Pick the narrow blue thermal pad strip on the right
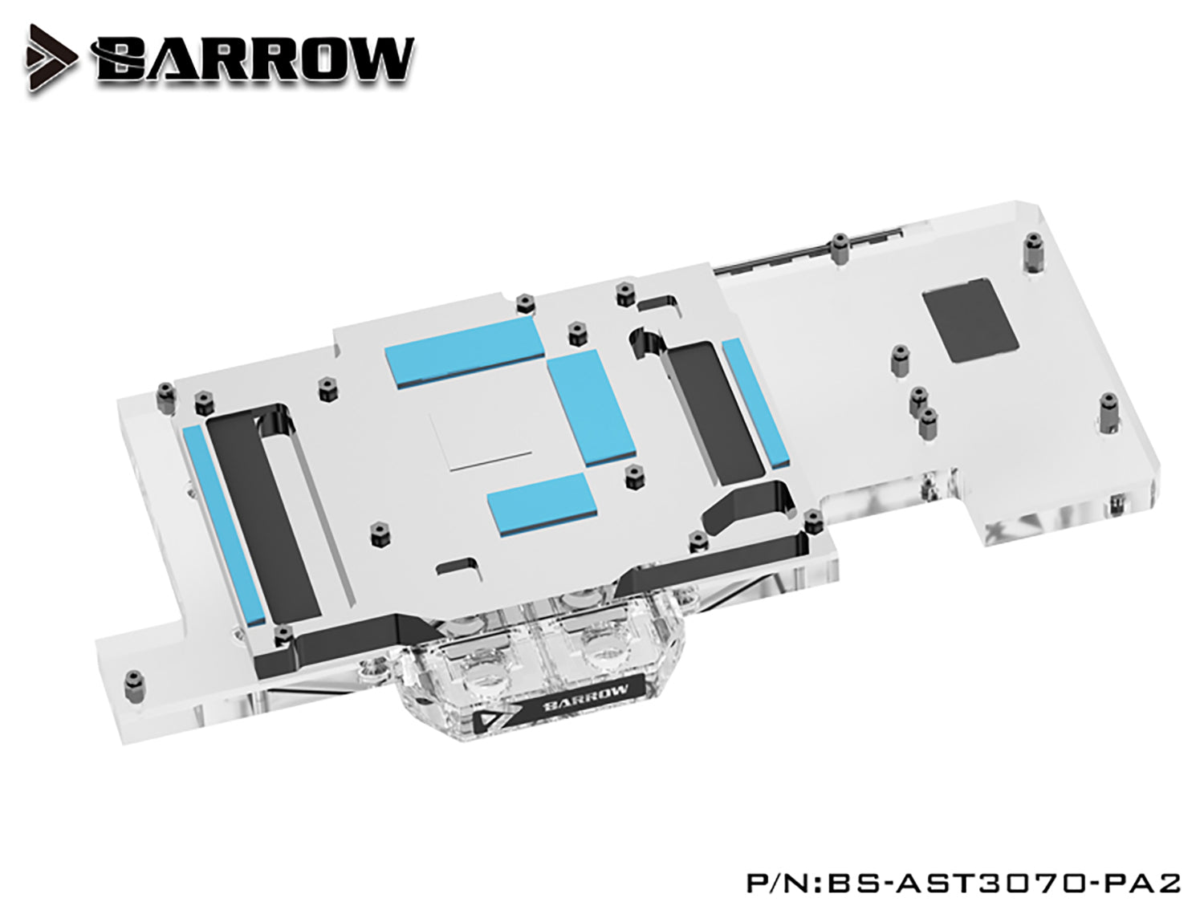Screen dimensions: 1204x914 754,403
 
